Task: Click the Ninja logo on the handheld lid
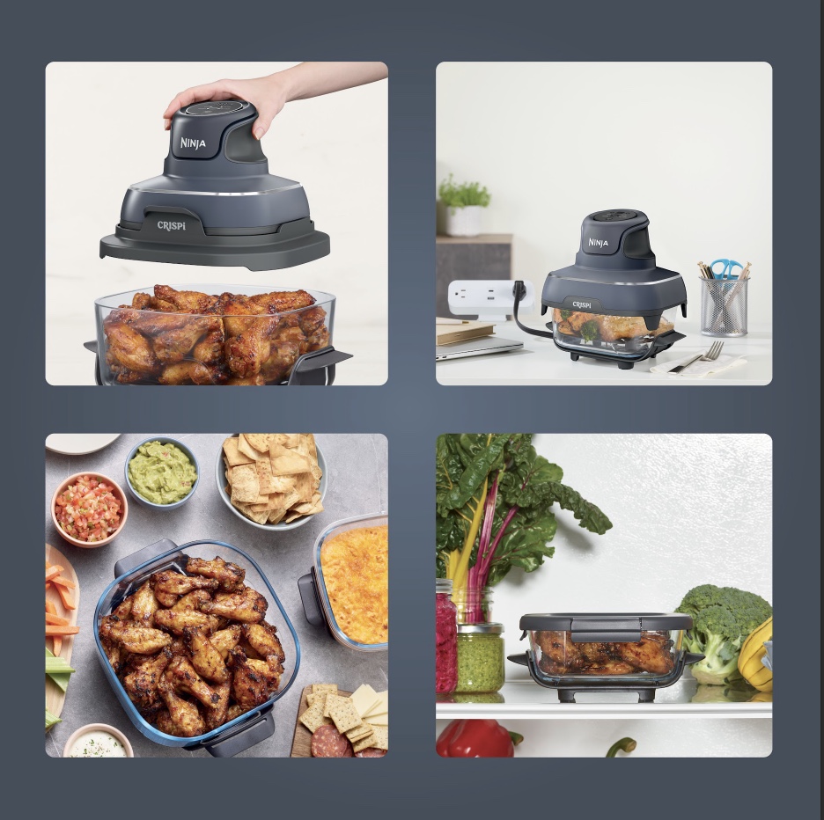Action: click(x=193, y=143)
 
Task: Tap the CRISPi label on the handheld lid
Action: click(x=172, y=225)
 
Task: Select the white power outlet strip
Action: click(x=489, y=298)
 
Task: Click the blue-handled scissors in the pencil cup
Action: click(x=727, y=269)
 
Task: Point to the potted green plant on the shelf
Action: click(x=463, y=206)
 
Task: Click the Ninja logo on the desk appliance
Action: click(x=598, y=243)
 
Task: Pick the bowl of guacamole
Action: click(x=162, y=472)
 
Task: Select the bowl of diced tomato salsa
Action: click(x=89, y=509)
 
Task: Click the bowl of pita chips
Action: click(x=271, y=479)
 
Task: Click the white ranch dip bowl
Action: click(x=99, y=742)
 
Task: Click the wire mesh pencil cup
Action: click(x=725, y=307)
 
